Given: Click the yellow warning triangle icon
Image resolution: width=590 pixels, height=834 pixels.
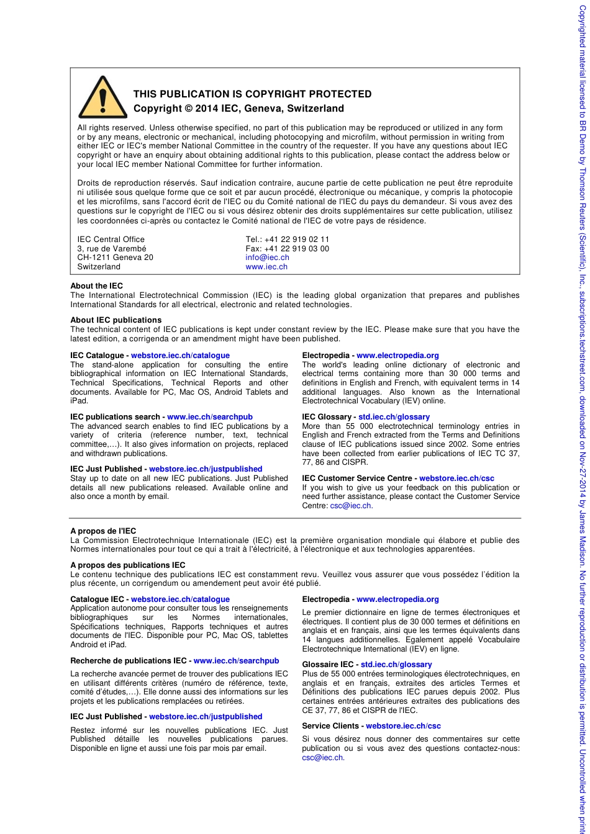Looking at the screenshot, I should click(102, 98).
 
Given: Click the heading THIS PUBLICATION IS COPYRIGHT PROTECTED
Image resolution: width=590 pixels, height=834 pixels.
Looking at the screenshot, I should click(252, 94).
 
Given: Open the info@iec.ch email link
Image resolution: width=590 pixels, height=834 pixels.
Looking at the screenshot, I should click(267, 258).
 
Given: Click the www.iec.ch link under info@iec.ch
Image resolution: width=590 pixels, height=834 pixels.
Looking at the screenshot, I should click(266, 267).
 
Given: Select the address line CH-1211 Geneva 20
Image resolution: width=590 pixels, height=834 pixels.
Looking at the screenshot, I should click(115, 258).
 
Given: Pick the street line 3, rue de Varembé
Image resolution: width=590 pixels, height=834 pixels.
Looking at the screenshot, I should click(112, 249).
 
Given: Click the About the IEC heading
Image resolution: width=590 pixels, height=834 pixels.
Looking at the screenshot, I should click(97, 286).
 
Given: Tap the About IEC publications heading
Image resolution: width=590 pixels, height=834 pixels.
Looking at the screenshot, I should click(116, 320).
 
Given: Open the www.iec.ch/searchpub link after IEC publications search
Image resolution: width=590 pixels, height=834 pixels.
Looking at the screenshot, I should click(210, 417).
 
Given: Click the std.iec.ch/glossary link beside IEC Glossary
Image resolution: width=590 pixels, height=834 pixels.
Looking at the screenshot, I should click(394, 417).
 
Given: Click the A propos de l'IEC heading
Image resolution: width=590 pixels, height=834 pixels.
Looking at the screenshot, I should click(103, 531).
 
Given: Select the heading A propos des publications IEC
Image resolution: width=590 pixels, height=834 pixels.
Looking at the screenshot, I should click(128, 565).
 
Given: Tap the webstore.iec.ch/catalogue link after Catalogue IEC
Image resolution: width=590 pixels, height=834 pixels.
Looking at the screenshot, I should click(180, 599).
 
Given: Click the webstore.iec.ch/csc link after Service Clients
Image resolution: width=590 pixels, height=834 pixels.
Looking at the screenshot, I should click(403, 726).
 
